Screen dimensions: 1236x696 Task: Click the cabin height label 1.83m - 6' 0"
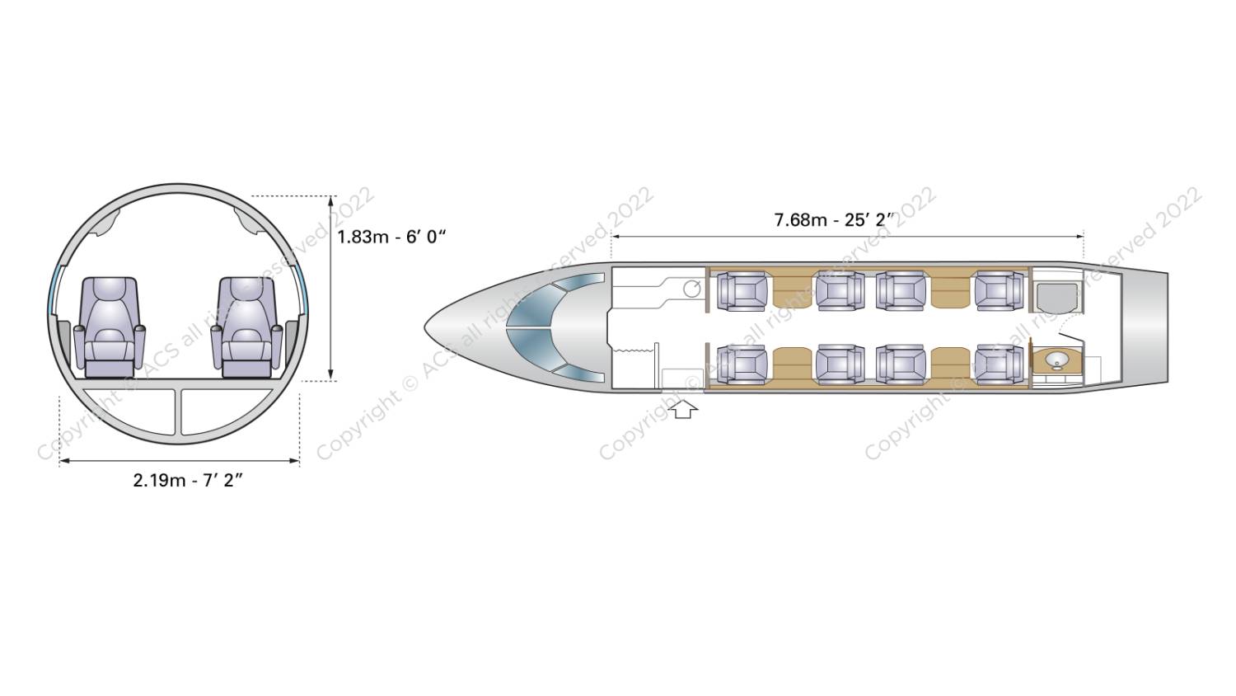point(391,237)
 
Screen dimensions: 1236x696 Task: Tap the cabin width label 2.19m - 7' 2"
point(188,480)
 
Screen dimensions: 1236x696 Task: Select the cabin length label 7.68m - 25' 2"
point(834,220)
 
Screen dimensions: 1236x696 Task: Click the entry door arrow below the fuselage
point(683,409)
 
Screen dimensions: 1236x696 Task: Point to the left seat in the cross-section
point(110,327)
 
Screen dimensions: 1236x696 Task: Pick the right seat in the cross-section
point(247,327)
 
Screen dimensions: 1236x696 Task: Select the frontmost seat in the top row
point(742,291)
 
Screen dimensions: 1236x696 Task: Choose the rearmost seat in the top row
point(1000,290)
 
